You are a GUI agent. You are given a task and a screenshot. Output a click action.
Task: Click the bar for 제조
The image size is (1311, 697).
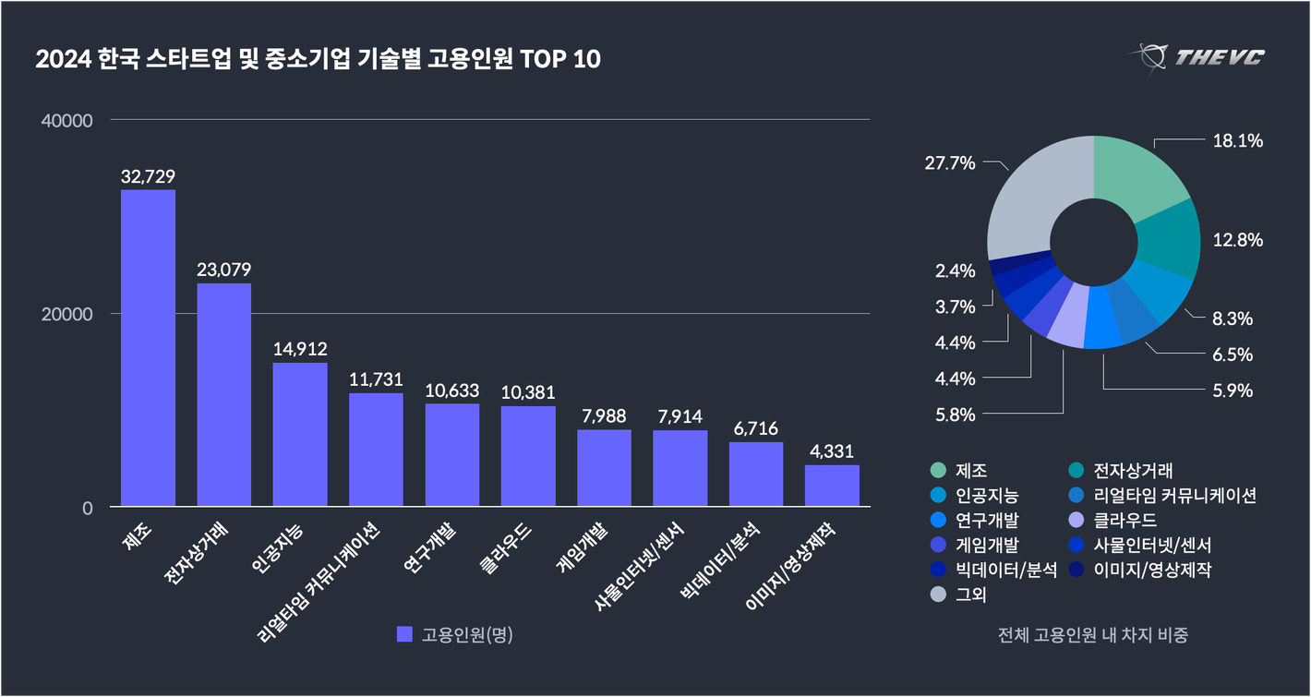[148, 348]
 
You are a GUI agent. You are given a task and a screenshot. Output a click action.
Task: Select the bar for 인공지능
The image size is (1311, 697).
[300, 434]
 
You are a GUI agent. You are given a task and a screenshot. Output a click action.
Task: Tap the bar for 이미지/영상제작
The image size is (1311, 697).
[832, 486]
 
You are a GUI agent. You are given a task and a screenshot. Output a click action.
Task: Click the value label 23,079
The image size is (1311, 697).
[223, 270]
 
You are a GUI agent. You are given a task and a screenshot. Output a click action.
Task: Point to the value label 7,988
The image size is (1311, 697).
[604, 416]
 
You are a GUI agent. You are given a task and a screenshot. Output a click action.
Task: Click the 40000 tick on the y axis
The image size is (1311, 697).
[68, 121]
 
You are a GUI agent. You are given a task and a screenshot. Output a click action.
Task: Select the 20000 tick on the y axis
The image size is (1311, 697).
[68, 314]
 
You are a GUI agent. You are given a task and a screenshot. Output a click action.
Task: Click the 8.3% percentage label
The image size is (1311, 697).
[1232, 318]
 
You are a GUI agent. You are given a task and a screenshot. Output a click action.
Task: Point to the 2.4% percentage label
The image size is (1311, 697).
[956, 270]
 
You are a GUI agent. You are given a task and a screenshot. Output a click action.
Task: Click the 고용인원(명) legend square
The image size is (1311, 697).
[403, 634]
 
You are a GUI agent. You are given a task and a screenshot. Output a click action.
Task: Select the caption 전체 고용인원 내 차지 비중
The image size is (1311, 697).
[1093, 635]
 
